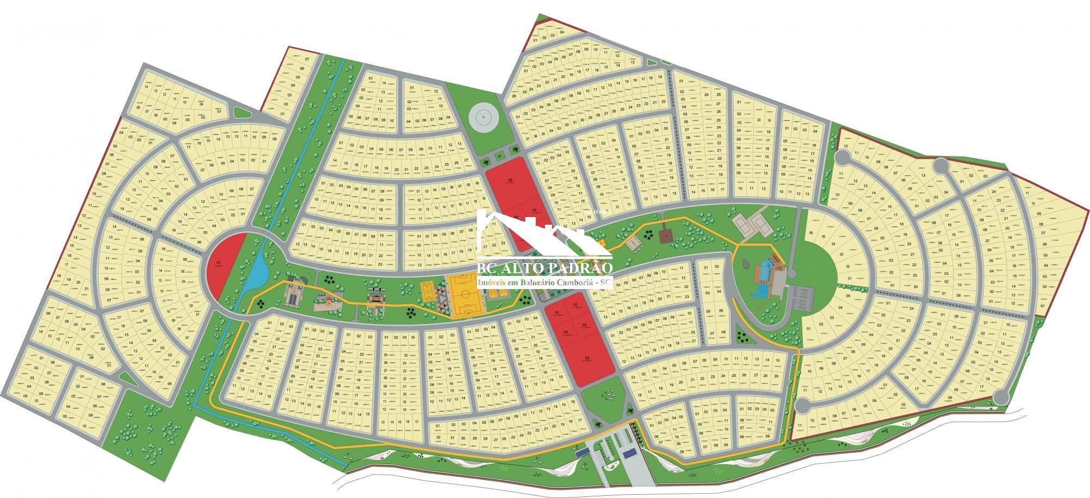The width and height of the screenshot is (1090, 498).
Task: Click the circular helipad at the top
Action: [482, 116]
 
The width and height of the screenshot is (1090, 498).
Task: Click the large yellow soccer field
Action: [464, 295]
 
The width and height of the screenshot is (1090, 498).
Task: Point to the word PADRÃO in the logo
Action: [582, 268]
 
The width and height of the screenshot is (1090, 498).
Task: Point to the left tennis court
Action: [742, 222]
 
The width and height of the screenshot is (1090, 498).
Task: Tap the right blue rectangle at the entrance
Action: [631, 453]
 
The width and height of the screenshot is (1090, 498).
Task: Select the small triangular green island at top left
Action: [240, 112]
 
